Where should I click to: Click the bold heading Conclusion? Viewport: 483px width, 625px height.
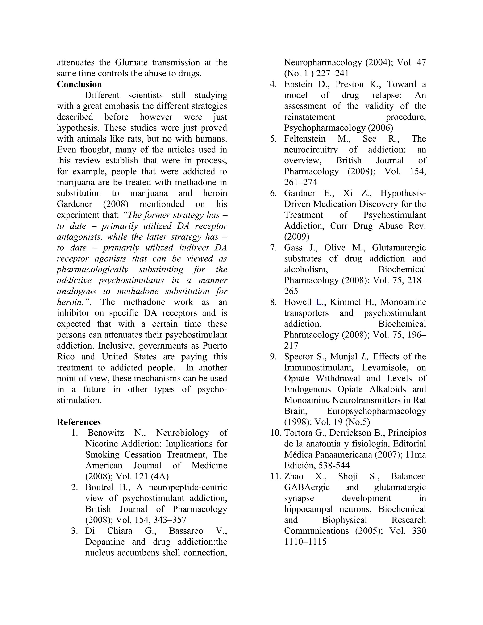click(x=79, y=84)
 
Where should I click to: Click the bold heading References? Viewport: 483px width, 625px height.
click(x=79, y=422)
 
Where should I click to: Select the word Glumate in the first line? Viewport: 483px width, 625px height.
click(x=131, y=62)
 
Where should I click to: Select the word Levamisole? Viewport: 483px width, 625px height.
click(x=385, y=368)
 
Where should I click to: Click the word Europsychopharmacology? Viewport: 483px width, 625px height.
click(x=376, y=411)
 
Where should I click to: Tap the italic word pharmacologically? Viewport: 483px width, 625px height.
click(x=92, y=270)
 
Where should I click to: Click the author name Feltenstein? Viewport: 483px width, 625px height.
click(x=305, y=139)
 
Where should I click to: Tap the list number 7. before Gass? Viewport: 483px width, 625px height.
click(x=274, y=248)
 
